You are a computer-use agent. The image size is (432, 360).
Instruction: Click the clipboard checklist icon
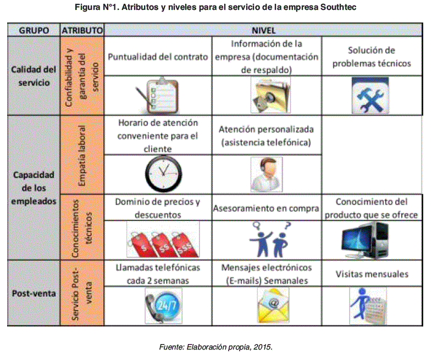pos(157,94)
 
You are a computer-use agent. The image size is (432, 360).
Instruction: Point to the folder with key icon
pos(267,94)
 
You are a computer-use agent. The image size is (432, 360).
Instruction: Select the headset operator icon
pos(266,173)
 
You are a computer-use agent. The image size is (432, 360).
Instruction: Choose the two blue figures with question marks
pos(267,239)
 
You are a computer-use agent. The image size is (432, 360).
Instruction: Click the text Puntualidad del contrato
pos(158,57)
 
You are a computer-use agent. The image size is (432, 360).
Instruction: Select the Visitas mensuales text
pos(372,274)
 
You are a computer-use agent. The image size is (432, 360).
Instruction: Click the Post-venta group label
pos(34,293)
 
